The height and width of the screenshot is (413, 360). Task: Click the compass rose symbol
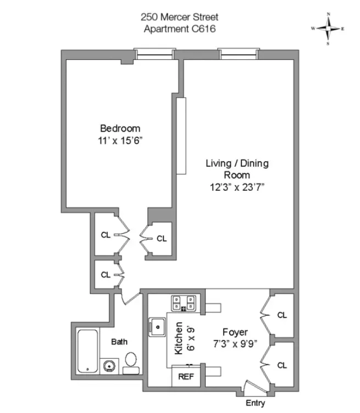328,28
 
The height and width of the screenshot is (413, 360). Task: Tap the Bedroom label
120,129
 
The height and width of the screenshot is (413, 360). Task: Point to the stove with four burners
184,303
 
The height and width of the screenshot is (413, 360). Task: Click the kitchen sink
158,328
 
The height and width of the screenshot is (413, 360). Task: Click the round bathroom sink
109,365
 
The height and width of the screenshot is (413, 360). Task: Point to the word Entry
255,403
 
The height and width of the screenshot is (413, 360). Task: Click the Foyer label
235,332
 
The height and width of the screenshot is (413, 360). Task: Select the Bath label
119,342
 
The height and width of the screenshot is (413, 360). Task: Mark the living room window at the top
237,54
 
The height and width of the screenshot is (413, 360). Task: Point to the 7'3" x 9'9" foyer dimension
235,344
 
